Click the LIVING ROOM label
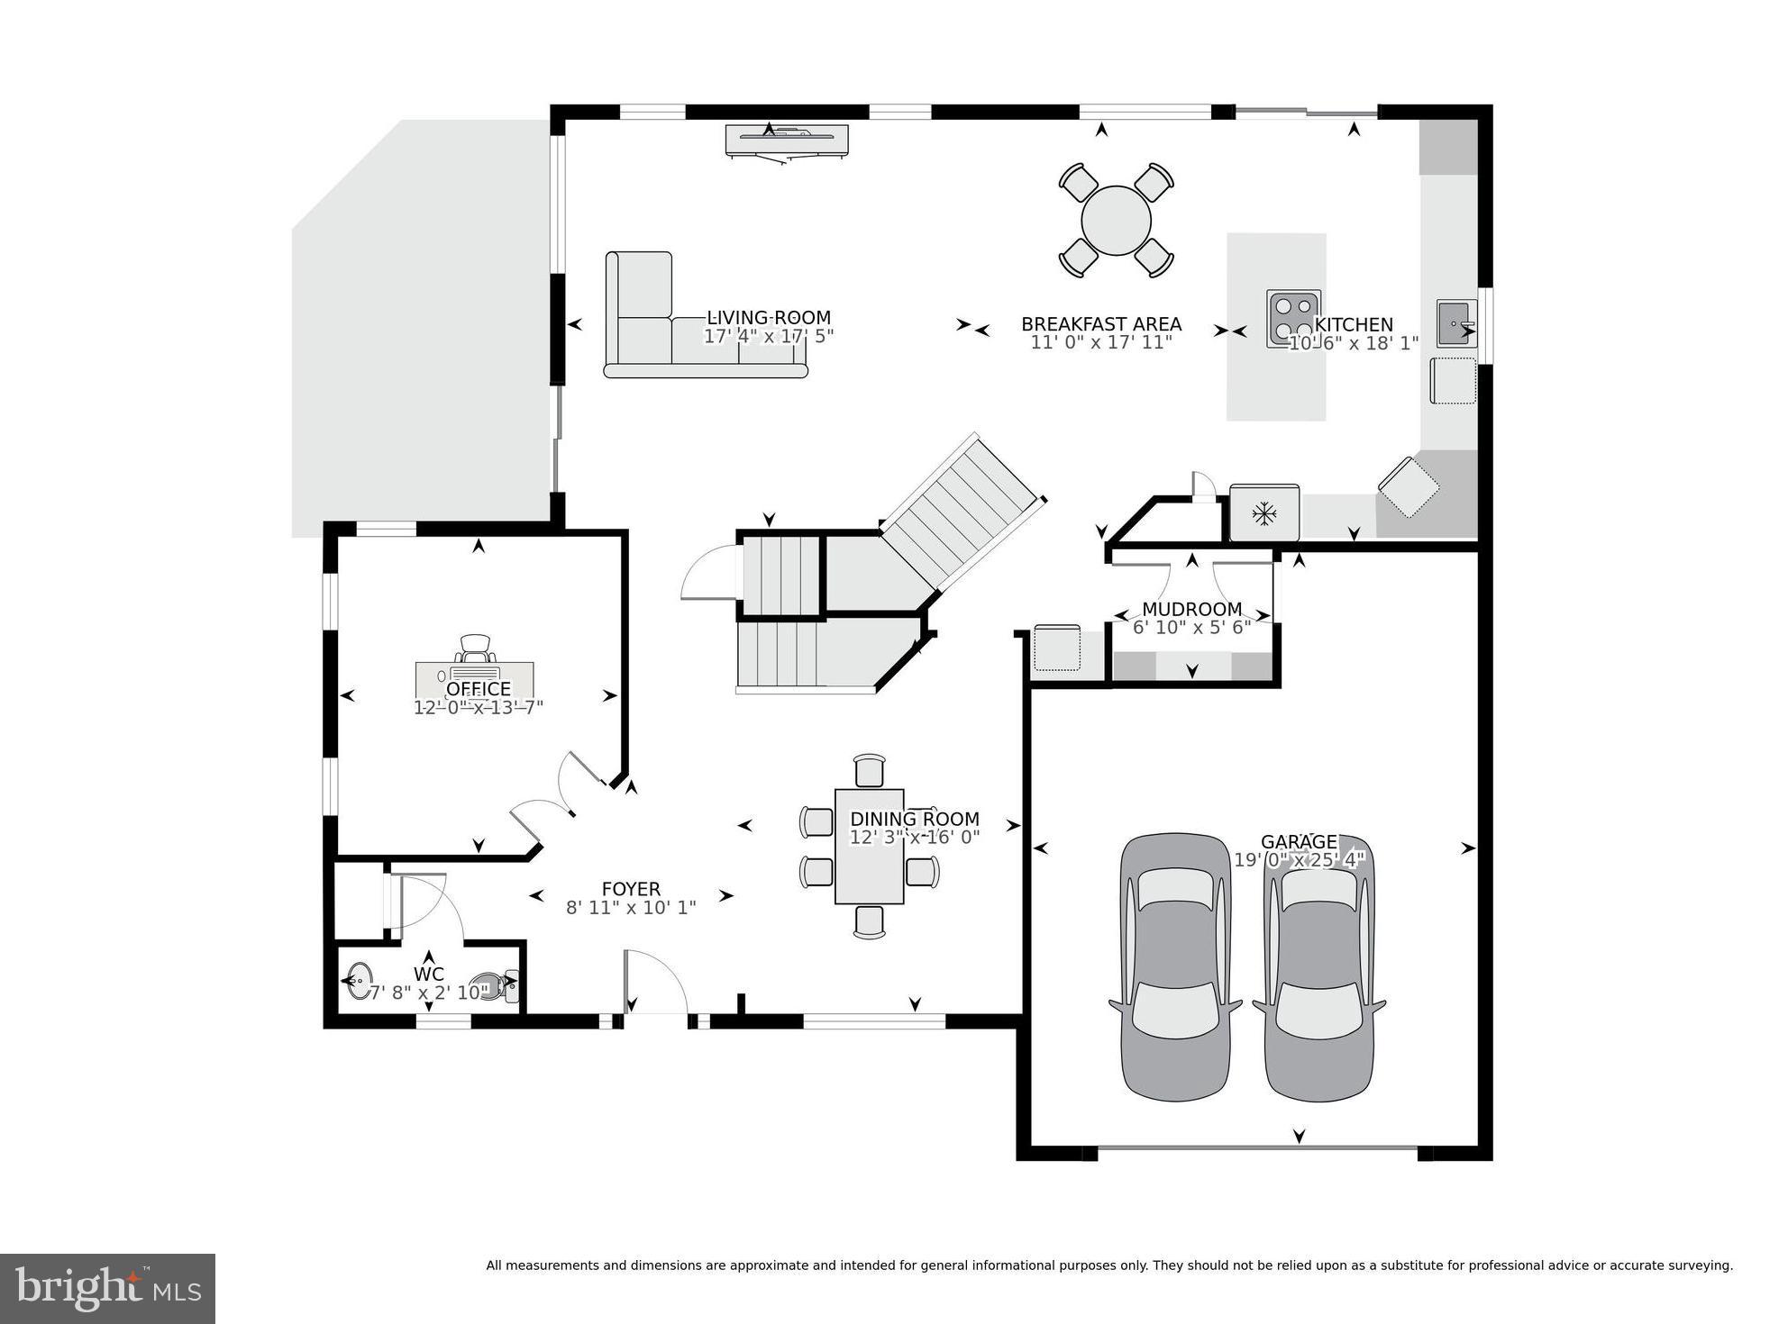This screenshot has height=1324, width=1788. [768, 317]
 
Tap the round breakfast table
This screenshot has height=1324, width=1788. [1116, 221]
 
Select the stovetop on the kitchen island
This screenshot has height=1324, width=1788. [1292, 318]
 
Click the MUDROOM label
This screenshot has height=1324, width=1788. [1191, 610]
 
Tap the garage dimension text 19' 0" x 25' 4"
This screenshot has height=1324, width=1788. [1299, 860]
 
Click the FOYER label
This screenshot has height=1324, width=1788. [631, 889]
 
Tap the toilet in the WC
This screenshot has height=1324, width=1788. [494, 986]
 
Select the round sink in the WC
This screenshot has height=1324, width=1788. [360, 980]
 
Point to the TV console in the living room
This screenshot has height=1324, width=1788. [787, 140]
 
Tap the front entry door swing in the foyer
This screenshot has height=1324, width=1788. [656, 982]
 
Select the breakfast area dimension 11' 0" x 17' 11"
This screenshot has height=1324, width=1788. [1100, 342]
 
